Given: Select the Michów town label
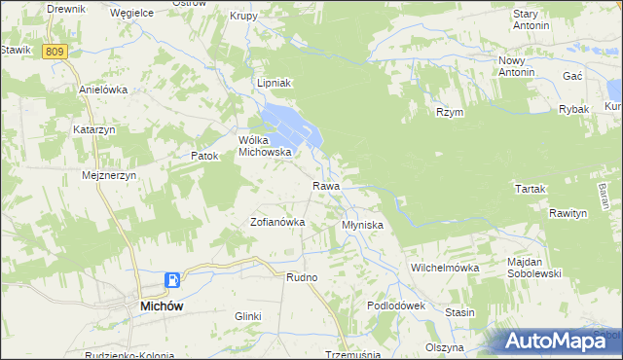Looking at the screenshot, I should pyautogui.click(x=150, y=305).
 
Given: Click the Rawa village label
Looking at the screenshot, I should pyautogui.click(x=325, y=186).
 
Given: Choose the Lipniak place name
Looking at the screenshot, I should pyautogui.click(x=274, y=84).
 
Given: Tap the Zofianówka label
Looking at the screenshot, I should pyautogui.click(x=278, y=222).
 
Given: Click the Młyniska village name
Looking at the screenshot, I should pyautogui.click(x=362, y=225).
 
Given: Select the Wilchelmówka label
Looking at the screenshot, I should pyautogui.click(x=446, y=267).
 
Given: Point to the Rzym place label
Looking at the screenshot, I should pyautogui.click(x=450, y=112).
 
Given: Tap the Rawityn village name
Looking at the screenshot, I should pyautogui.click(x=568, y=213).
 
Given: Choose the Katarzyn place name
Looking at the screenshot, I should pyautogui.click(x=94, y=128).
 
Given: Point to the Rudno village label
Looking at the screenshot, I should pyautogui.click(x=302, y=277).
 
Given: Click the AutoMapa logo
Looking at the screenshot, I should pyautogui.click(x=560, y=341).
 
